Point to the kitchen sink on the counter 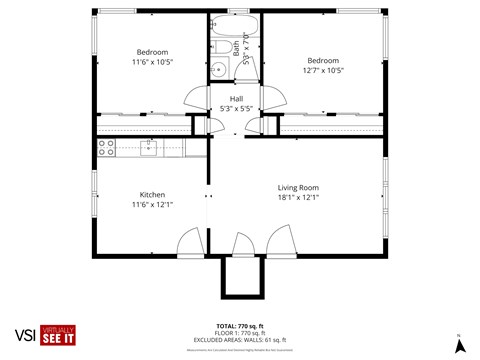tap(149, 149)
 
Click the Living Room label tap(297, 187)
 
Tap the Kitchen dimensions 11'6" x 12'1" tap(152, 204)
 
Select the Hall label tap(236, 98)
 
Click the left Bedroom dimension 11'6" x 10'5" tap(152, 61)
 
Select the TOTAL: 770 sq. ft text tap(240, 326)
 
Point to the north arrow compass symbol tap(459, 345)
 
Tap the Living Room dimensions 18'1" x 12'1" tap(297, 197)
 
